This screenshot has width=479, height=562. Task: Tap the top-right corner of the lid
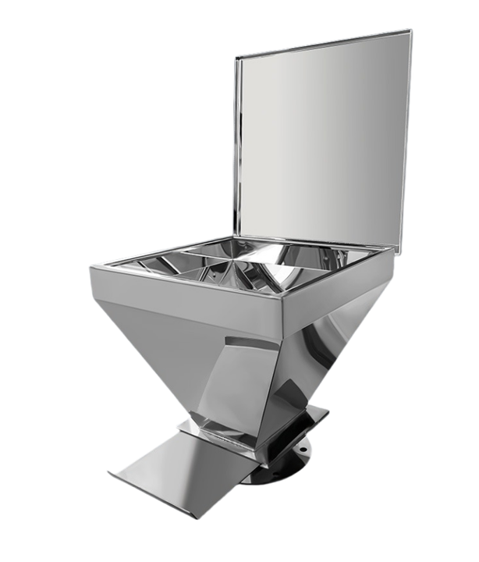[410, 31]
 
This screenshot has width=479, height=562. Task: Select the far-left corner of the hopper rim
[91, 268]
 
